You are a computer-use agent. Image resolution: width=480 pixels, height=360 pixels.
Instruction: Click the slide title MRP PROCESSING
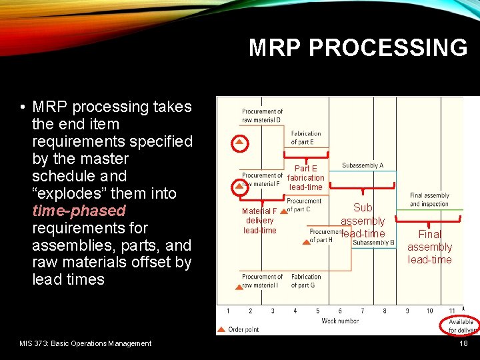(358, 48)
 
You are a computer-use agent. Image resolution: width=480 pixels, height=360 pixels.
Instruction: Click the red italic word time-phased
(79, 211)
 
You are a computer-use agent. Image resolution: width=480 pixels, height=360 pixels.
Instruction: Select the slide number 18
(464, 343)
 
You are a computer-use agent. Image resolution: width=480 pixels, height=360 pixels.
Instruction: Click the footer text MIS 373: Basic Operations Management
(85, 343)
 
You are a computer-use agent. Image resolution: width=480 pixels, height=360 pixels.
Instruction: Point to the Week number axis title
(340, 321)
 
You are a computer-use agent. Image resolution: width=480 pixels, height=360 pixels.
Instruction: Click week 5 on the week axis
(317, 311)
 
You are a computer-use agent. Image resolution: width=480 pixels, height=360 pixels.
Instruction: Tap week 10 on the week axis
(429, 311)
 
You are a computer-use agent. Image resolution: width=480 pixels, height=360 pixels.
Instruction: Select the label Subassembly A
(362, 165)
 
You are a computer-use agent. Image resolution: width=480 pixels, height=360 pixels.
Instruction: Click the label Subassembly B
(373, 243)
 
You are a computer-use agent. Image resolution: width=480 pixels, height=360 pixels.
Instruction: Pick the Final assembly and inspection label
(429, 200)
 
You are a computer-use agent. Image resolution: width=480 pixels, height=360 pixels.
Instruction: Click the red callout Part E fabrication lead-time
(306, 178)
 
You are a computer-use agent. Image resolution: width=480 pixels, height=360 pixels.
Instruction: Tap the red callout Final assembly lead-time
(429, 247)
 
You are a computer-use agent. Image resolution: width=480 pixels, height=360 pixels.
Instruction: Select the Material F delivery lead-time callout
(259, 221)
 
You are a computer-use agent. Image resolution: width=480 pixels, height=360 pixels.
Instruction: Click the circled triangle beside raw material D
(239, 143)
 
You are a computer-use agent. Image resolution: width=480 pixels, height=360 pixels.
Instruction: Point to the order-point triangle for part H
(306, 241)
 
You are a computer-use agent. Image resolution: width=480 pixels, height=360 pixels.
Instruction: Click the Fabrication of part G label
(306, 281)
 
